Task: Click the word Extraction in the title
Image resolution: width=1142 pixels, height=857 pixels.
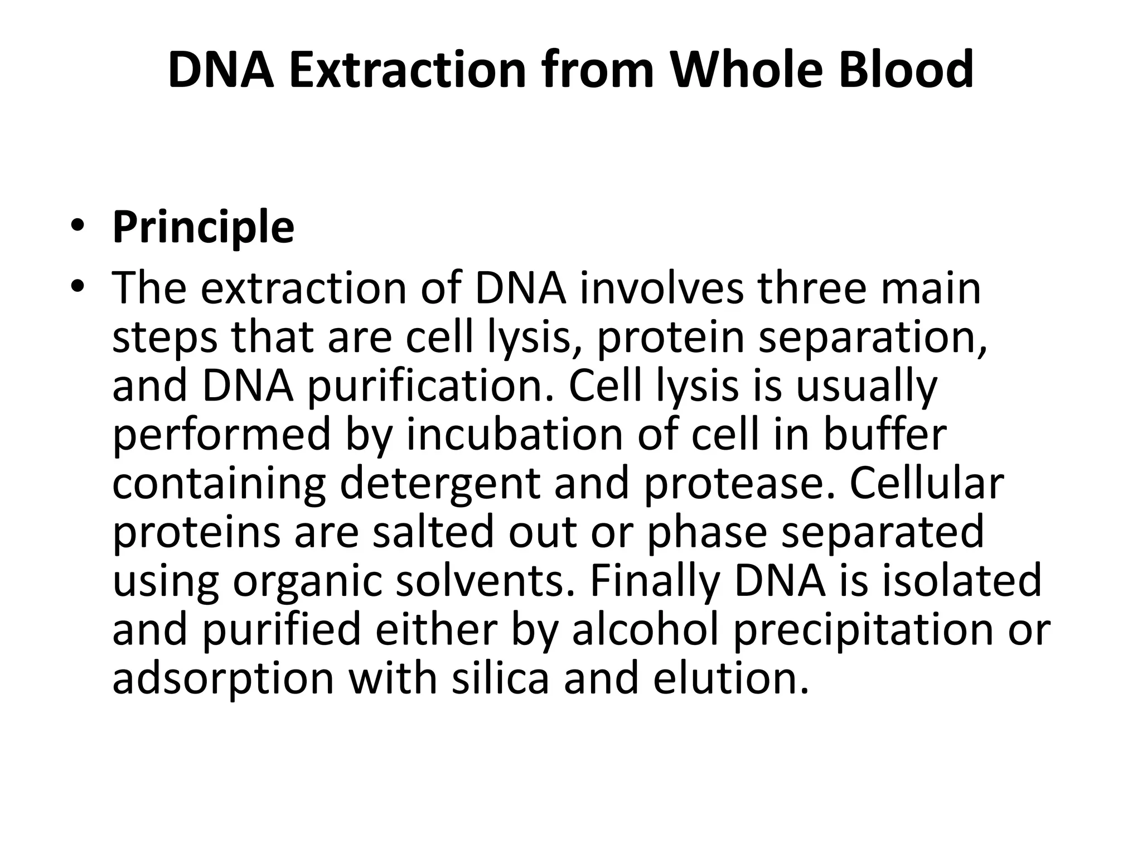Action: point(408,70)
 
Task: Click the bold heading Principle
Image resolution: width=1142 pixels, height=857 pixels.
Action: point(203,227)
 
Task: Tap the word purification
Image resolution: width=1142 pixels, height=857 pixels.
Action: point(432,386)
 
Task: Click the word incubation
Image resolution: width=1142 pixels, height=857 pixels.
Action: point(514,435)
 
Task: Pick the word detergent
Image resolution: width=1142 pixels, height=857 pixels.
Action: point(440,484)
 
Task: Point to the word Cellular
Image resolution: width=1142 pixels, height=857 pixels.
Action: point(926,483)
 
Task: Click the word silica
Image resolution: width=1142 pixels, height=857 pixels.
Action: point(500,678)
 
